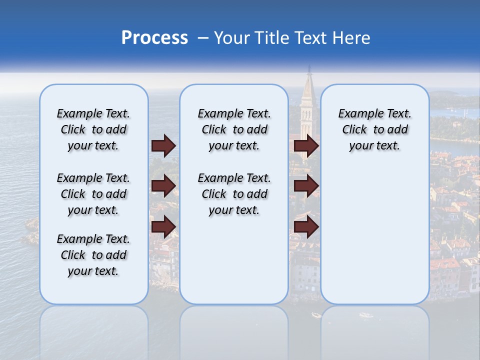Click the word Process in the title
[x=154, y=38]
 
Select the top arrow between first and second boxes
[x=163, y=145]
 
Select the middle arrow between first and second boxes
[x=163, y=186]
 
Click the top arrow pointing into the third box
[x=306, y=145]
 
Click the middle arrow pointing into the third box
[x=306, y=186]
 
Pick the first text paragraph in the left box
[x=93, y=129]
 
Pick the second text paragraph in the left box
[x=93, y=194]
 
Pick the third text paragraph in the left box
[x=93, y=255]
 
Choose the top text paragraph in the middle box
[x=234, y=129]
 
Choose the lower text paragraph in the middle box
[x=234, y=194]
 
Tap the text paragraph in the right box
[x=374, y=129]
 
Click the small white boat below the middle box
[x=316, y=315]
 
